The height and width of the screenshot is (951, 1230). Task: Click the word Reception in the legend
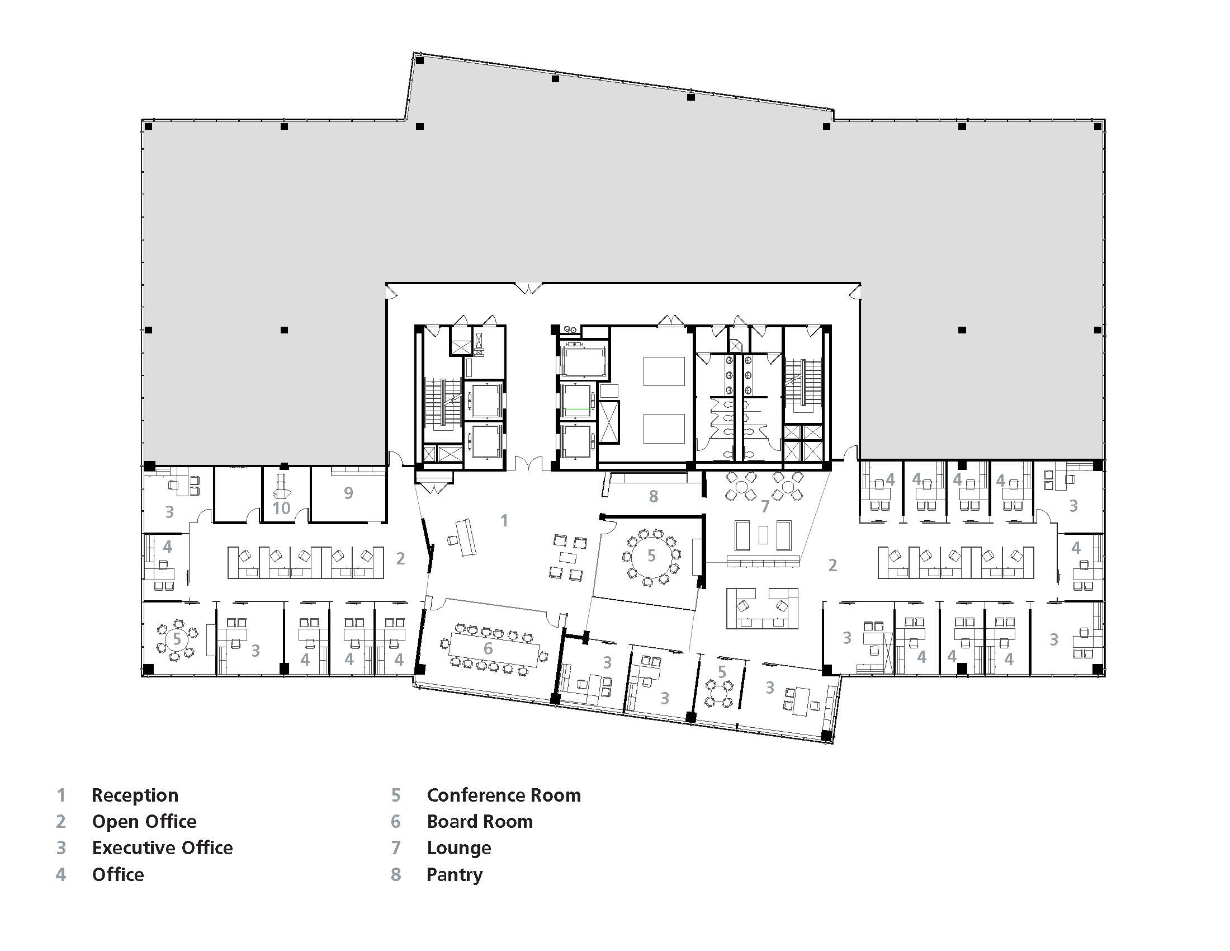point(135,795)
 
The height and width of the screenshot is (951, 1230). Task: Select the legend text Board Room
point(480,821)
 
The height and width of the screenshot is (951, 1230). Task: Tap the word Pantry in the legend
point(455,874)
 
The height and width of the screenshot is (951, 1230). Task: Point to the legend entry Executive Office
point(162,848)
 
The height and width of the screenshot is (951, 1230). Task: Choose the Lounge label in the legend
point(459,848)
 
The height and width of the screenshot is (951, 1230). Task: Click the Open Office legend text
point(144,821)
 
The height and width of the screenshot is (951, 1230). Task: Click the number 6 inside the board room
point(488,648)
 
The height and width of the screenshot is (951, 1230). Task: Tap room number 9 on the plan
point(349,493)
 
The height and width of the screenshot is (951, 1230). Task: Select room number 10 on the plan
point(281,508)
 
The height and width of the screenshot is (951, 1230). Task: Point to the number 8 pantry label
point(653,496)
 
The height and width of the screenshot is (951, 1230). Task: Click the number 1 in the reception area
point(505,521)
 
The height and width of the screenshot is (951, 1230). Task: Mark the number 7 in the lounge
point(765,506)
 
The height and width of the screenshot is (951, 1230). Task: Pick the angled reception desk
point(465,537)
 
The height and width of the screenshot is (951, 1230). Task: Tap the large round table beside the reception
point(651,557)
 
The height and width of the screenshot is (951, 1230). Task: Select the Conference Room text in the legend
point(504,795)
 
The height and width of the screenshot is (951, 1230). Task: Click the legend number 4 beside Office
point(61,874)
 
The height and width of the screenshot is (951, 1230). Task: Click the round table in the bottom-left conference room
point(177,639)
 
